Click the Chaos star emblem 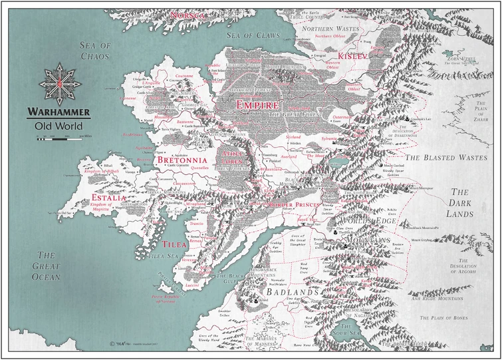[60, 81]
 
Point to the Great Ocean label [49, 266]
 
